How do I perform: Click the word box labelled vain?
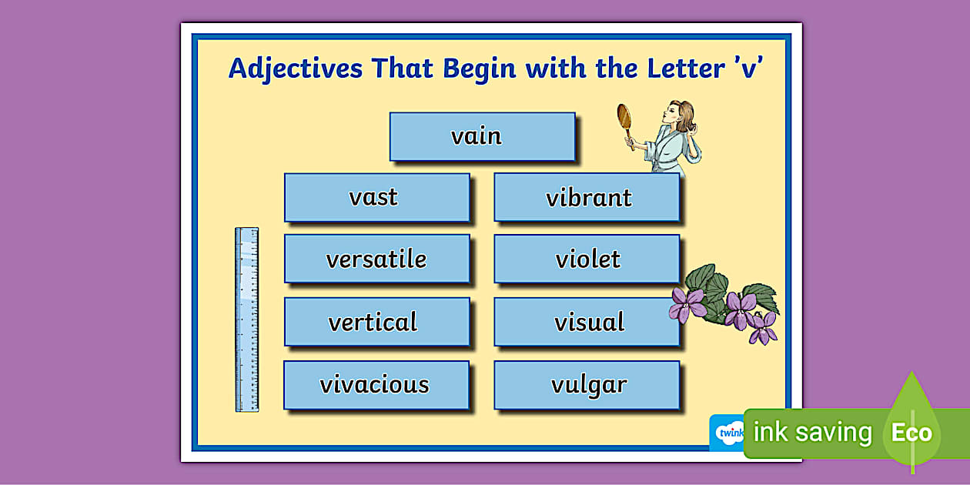pos(482,136)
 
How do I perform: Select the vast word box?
pos(376,197)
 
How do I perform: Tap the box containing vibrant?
pos(587,197)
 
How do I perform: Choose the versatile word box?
pos(376,259)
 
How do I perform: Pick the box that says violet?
pos(587,259)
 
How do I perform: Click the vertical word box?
pos(376,322)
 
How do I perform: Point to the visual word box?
pos(587,322)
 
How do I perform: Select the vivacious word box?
pos(376,384)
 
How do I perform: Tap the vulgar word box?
pos(587,384)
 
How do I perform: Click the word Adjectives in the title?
pos(295,69)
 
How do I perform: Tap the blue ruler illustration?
pos(246,319)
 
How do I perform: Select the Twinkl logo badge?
pos(727,433)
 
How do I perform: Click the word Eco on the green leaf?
pos(911,433)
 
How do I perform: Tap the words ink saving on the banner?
pos(812,433)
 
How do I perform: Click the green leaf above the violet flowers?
pos(701,277)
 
